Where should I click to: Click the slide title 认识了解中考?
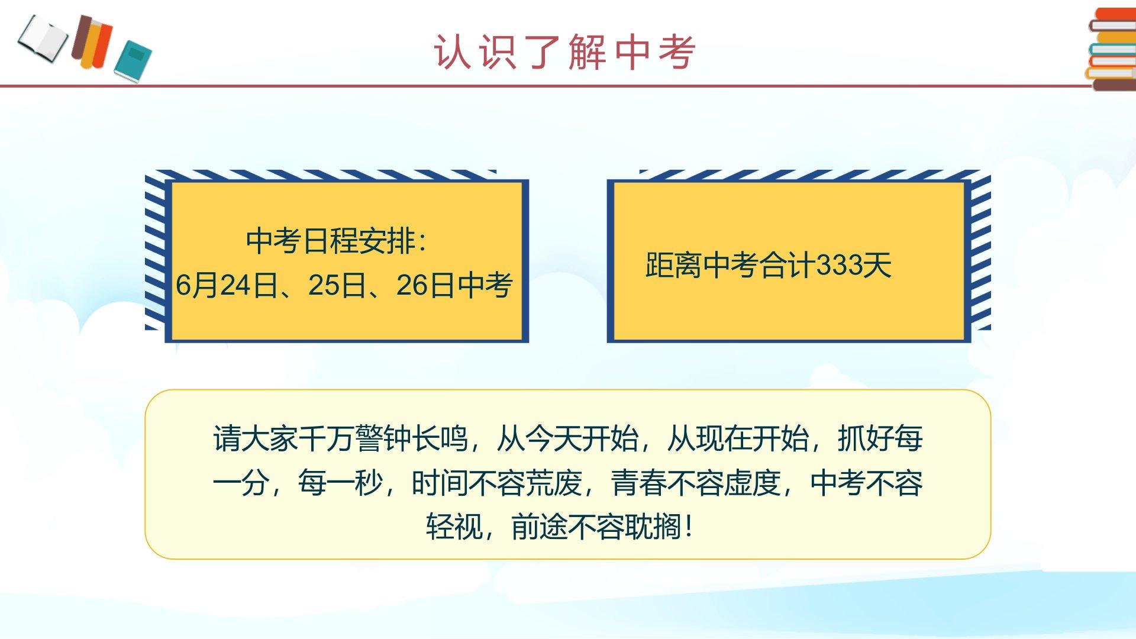click(564, 52)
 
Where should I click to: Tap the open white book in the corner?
click(43, 39)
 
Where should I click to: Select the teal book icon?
click(133, 61)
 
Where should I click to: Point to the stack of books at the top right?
click(1112, 49)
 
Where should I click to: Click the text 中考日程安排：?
click(337, 241)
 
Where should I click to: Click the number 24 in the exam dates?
click(235, 285)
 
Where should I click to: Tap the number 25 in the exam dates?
click(323, 285)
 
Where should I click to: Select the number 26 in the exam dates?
click(412, 285)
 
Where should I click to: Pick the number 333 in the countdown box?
click(839, 264)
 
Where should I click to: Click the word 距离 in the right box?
click(673, 264)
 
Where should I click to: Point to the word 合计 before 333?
click(788, 264)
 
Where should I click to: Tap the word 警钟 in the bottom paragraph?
click(384, 438)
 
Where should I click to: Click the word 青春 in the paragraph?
click(639, 483)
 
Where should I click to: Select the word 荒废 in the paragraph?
click(554, 483)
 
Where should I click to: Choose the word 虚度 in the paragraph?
click(753, 483)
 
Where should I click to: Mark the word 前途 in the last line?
click(540, 527)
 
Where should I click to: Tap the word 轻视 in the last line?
click(454, 527)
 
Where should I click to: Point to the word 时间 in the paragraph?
click(440, 483)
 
